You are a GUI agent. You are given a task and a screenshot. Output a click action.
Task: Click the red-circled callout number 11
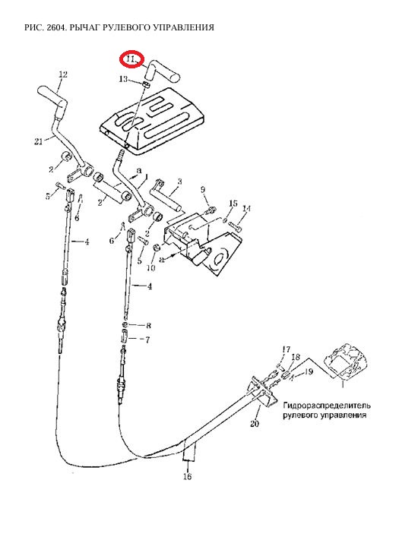pos(130,59)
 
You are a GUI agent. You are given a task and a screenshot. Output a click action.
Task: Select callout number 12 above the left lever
pos(63,74)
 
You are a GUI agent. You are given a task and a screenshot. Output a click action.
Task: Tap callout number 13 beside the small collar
pos(123,79)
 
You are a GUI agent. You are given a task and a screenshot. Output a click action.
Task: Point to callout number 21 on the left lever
pos(39,141)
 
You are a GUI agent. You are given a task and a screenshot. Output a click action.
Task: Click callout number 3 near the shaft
pos(179,182)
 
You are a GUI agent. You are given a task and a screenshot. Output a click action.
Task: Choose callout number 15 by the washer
pos(233,204)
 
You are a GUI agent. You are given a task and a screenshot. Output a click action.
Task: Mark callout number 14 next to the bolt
pos(247,209)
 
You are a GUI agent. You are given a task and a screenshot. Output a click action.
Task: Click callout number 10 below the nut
pos(151,268)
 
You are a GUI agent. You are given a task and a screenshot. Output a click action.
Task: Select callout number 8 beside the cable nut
pos(148,326)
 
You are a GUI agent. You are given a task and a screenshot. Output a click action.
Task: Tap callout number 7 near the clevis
pos(147,340)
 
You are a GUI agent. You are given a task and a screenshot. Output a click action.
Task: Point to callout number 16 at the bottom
pos(188,477)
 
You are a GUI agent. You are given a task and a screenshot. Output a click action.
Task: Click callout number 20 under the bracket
pos(255,424)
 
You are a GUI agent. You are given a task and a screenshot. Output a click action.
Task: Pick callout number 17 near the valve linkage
pos(287,349)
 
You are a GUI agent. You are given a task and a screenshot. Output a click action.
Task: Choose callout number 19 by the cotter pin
pos(309,371)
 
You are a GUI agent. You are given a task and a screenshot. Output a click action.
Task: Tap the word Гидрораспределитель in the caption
pos(327,406)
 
